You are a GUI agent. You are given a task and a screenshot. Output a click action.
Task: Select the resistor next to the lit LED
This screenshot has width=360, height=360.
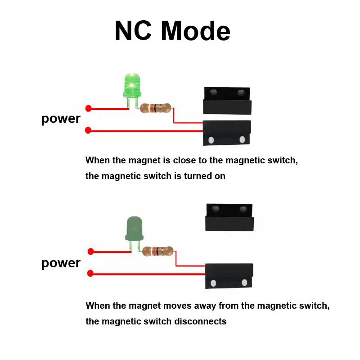coord(155,108)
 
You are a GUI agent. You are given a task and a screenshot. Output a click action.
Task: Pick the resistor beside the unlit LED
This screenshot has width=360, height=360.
coord(157,251)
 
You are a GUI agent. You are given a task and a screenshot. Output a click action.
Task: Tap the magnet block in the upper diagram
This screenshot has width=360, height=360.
coord(226,100)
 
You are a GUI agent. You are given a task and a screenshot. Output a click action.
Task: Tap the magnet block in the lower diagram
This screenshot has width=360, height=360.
coord(229,217)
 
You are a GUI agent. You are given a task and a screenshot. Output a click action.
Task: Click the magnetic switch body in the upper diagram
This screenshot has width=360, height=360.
coord(226,133)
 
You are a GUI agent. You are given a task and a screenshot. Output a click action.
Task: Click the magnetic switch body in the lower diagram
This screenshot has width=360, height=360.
coord(229,275)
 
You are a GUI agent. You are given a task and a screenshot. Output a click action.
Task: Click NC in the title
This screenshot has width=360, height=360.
coord(135,31)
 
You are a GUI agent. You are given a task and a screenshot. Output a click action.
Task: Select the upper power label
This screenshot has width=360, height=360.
coord(61,119)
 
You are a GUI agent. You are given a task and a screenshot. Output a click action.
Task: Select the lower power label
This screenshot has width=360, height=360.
coord(61,263)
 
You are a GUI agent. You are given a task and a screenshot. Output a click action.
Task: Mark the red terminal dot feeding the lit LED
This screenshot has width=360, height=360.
coord(89,108)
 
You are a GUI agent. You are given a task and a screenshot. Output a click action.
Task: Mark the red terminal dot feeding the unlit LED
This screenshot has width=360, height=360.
coord(90,252)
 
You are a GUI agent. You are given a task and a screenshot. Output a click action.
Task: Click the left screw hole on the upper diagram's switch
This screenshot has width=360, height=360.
coord(211,140)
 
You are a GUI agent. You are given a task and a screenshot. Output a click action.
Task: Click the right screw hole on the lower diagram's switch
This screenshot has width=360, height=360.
coord(244,283)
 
